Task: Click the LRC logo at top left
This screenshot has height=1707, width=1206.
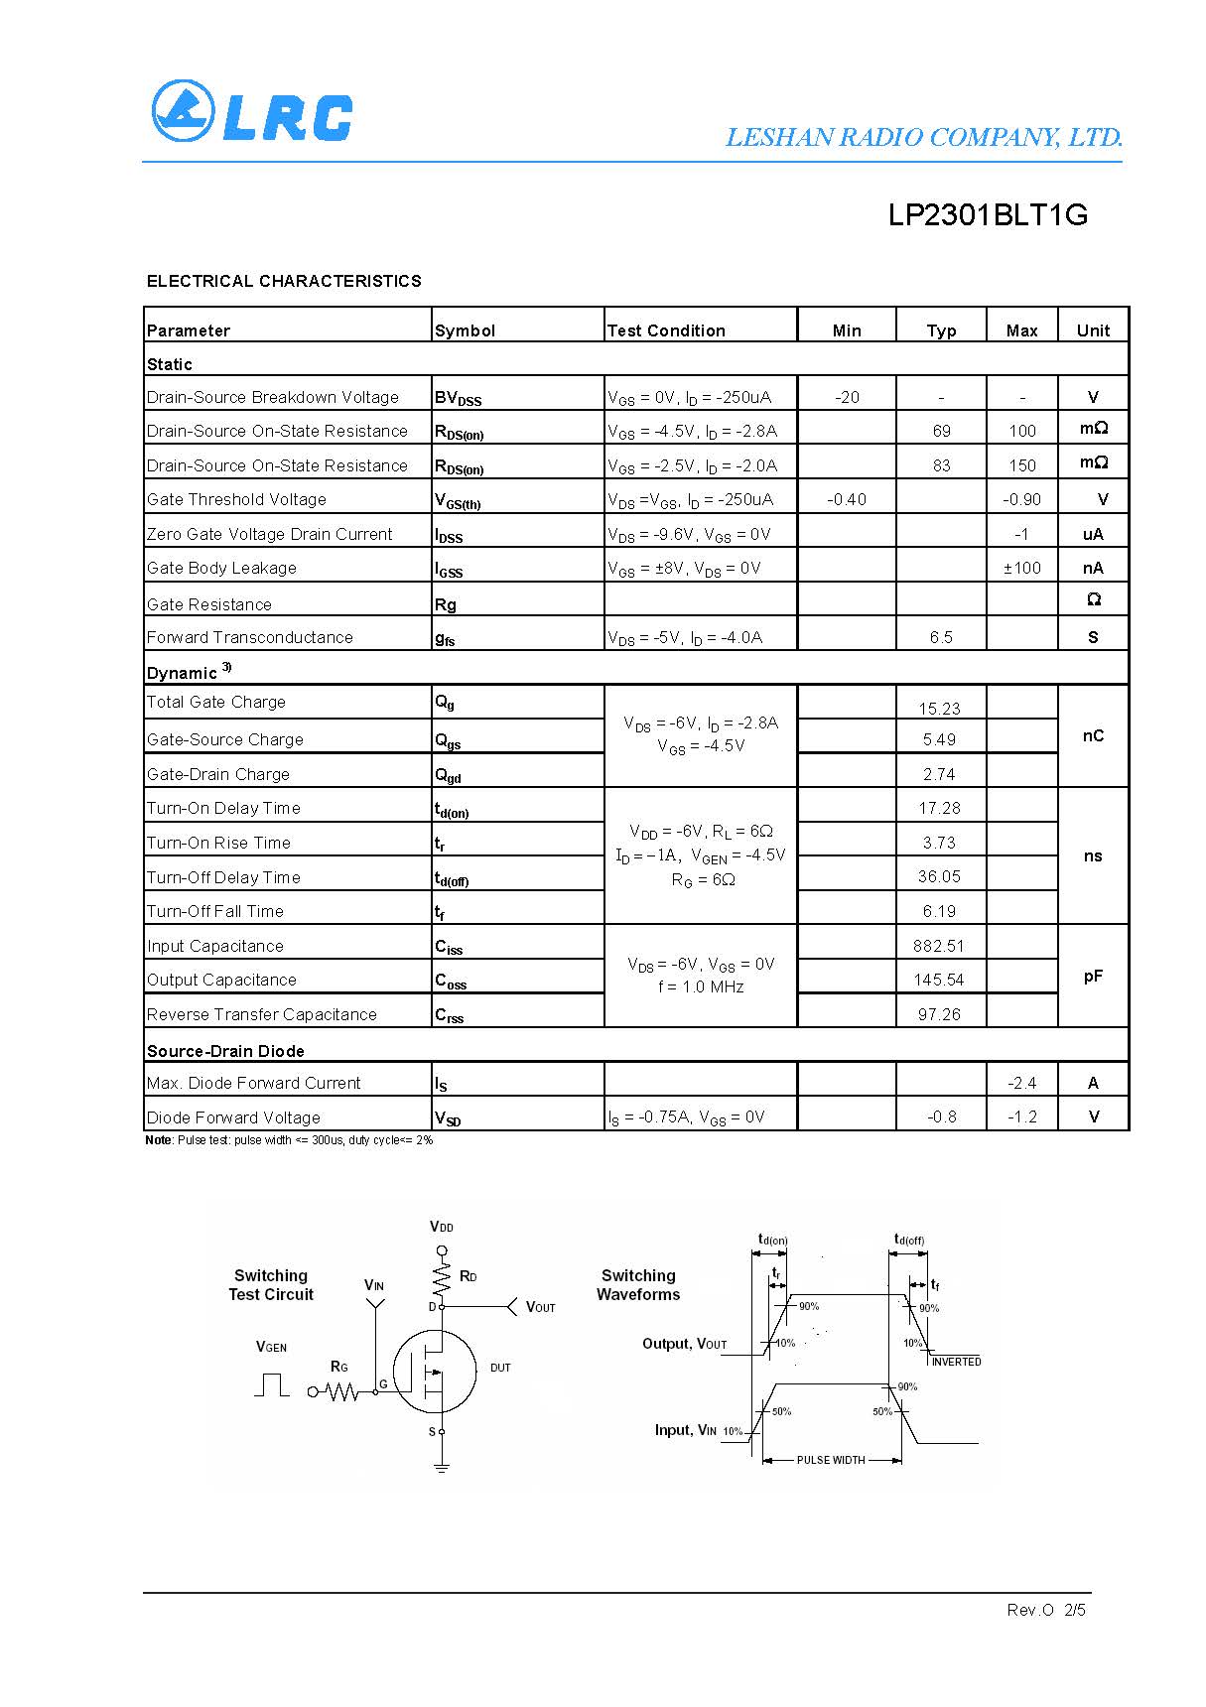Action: [x=251, y=111]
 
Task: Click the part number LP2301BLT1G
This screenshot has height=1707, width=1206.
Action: [x=988, y=215]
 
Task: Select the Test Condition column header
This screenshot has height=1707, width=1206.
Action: [x=666, y=330]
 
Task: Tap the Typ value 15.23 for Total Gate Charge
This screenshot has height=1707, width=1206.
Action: [x=939, y=709]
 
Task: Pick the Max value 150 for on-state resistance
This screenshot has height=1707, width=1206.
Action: [x=1021, y=465]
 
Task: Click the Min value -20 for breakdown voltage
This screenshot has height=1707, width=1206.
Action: [x=847, y=397]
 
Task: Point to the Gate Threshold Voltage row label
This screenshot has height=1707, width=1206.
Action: [x=236, y=499]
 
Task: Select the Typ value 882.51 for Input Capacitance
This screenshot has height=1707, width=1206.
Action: [x=939, y=946]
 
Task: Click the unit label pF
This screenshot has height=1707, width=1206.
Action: [x=1093, y=977]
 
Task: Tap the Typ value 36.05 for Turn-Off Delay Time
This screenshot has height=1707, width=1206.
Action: [x=939, y=876]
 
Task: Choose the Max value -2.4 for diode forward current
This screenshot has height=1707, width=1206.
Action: [x=1021, y=1083]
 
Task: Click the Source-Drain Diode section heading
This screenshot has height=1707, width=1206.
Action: [x=225, y=1051]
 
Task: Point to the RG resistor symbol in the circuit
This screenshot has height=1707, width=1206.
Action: [x=342, y=1392]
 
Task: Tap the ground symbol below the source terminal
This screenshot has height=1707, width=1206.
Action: [x=442, y=1467]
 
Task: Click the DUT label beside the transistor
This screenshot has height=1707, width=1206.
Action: [x=500, y=1368]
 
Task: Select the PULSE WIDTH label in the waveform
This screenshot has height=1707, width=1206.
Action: [x=831, y=1460]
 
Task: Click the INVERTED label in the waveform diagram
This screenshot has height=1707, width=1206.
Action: [x=956, y=1362]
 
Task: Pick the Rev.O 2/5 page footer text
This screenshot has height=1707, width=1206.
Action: [x=1046, y=1610]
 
